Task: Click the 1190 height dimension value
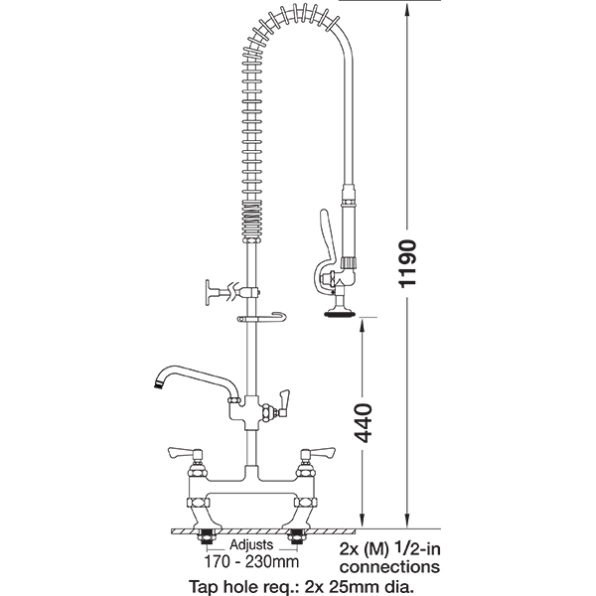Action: [x=407, y=263]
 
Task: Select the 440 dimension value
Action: [x=363, y=423]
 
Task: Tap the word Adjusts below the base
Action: [x=251, y=544]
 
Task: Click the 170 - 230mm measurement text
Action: [x=251, y=561]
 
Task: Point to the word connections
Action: [x=389, y=567]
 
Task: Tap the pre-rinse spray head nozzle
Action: [x=340, y=313]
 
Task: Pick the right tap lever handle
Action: [x=318, y=452]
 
